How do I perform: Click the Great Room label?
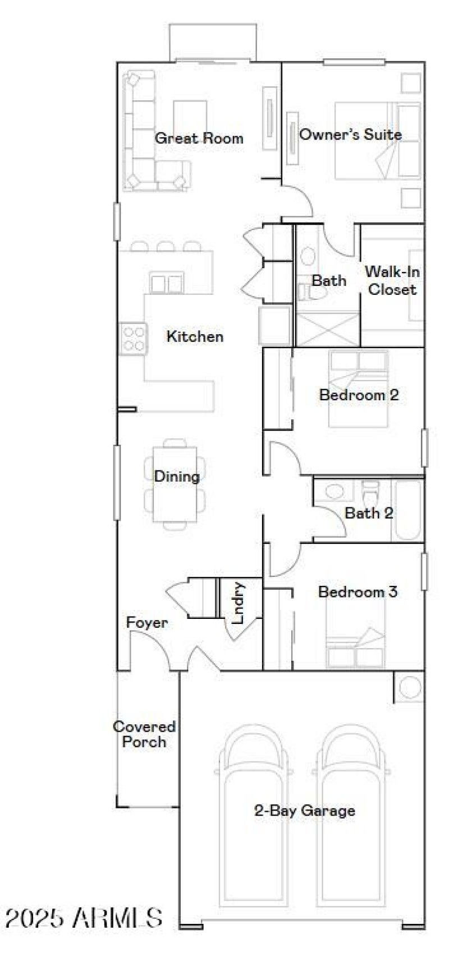[x=199, y=138]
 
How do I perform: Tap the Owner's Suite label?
[x=350, y=135]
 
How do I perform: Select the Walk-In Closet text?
[x=392, y=281]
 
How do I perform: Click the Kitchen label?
[x=195, y=336]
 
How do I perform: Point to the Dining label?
[x=177, y=477]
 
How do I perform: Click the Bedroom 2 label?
[x=359, y=395]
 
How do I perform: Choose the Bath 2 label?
[x=369, y=513]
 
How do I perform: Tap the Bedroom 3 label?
[x=358, y=592]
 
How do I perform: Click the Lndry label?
[x=239, y=603]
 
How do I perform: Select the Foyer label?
[x=146, y=623]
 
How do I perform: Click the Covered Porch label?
[x=144, y=734]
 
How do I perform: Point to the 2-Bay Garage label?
[x=305, y=811]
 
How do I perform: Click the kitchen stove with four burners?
[x=134, y=339]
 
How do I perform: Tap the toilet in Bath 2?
[x=370, y=493]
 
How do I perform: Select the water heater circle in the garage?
[x=410, y=687]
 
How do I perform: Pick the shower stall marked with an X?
[x=327, y=329]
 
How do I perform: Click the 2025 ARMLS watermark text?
[x=84, y=918]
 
